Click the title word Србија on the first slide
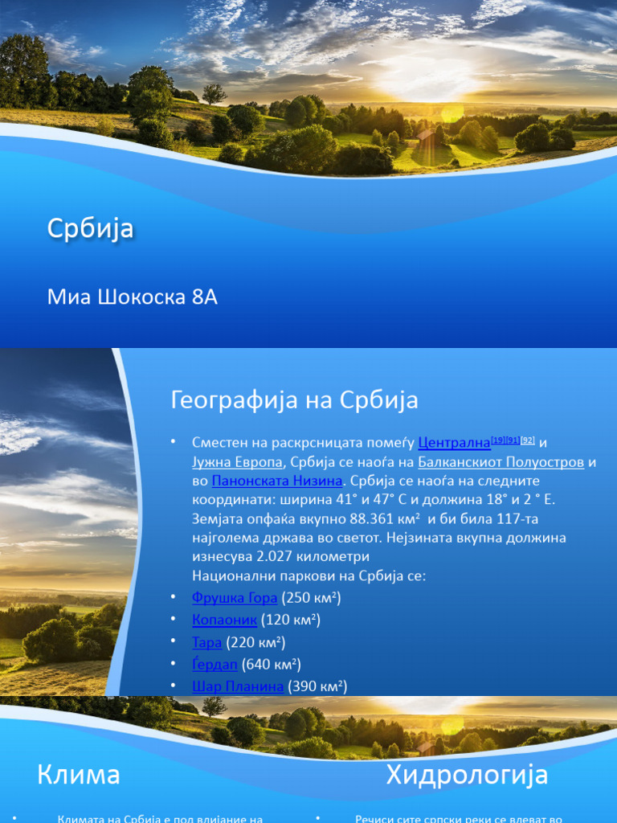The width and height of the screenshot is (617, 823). coord(90,230)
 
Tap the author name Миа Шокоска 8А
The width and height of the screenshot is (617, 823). coord(133,297)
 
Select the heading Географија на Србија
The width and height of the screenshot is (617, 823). coord(294,400)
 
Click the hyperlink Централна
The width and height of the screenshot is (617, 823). coord(454,443)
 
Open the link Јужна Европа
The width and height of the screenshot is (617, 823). coord(237,462)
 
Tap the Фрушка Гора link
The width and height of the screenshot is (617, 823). coord(235,597)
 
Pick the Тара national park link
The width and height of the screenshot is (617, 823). coord(206,642)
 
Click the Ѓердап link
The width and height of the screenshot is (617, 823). coord(215,664)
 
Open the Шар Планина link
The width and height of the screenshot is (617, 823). coord(238,686)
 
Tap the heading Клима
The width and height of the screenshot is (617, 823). coord(79,775)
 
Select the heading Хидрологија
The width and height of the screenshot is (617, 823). coord(467,775)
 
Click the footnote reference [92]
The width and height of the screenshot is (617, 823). coord(528,440)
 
